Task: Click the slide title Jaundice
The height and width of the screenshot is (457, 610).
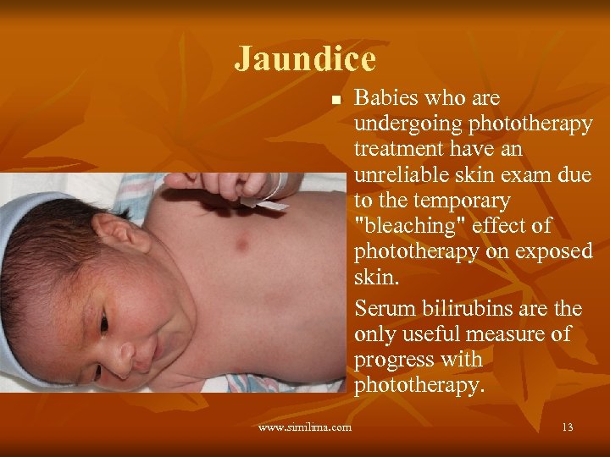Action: [x=305, y=59]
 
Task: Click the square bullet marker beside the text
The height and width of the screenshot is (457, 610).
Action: [x=335, y=100]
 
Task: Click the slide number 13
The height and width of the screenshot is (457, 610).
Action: [x=567, y=427]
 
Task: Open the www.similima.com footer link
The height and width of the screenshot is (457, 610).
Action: [x=305, y=427]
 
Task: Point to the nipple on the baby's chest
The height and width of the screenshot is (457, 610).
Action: [x=241, y=245]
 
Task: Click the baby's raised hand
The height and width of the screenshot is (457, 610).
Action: [x=229, y=184]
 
